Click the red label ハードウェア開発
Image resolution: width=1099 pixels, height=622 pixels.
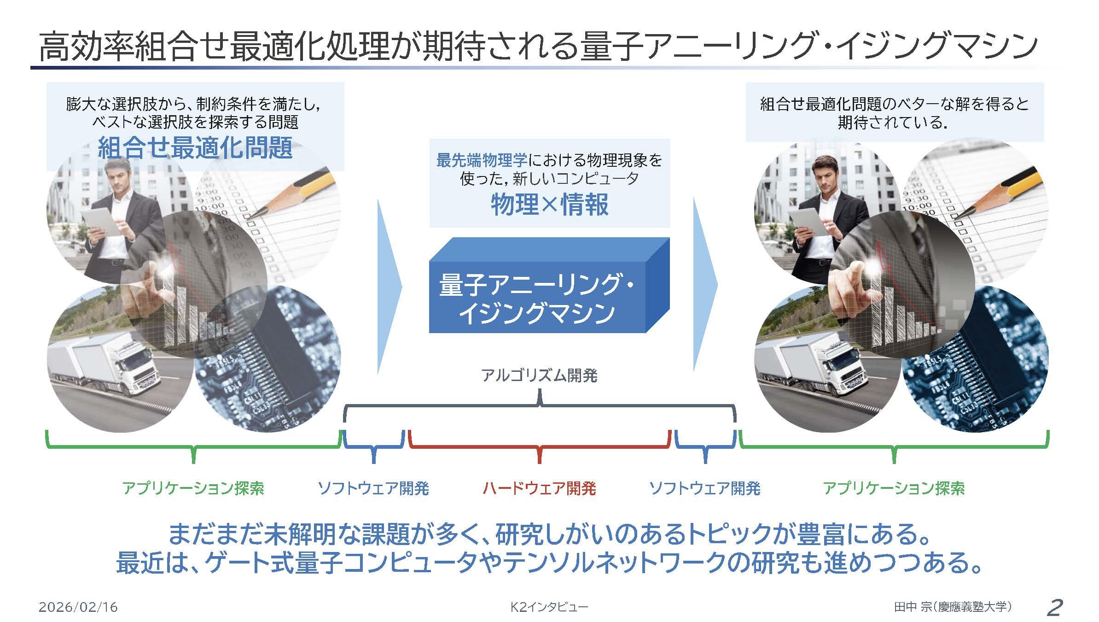point(539,488)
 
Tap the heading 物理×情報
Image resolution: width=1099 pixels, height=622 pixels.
point(549,204)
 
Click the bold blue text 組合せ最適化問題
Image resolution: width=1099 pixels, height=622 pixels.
point(195,148)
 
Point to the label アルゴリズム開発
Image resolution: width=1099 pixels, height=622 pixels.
point(539,376)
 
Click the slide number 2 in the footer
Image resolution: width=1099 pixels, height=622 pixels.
point(1054,607)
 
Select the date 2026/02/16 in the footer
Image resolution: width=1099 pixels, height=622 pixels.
point(78,607)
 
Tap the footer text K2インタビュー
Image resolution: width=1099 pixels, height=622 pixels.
point(549,607)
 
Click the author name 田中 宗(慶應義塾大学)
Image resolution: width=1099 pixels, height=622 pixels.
point(953,607)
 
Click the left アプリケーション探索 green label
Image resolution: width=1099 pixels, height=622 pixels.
point(193,488)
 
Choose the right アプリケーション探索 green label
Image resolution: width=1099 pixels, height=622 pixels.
point(893,488)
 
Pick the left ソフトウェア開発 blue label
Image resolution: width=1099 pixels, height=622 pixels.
point(373,488)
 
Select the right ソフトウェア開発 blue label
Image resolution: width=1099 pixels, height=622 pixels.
point(704,488)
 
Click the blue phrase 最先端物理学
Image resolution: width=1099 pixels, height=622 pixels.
point(482,160)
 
